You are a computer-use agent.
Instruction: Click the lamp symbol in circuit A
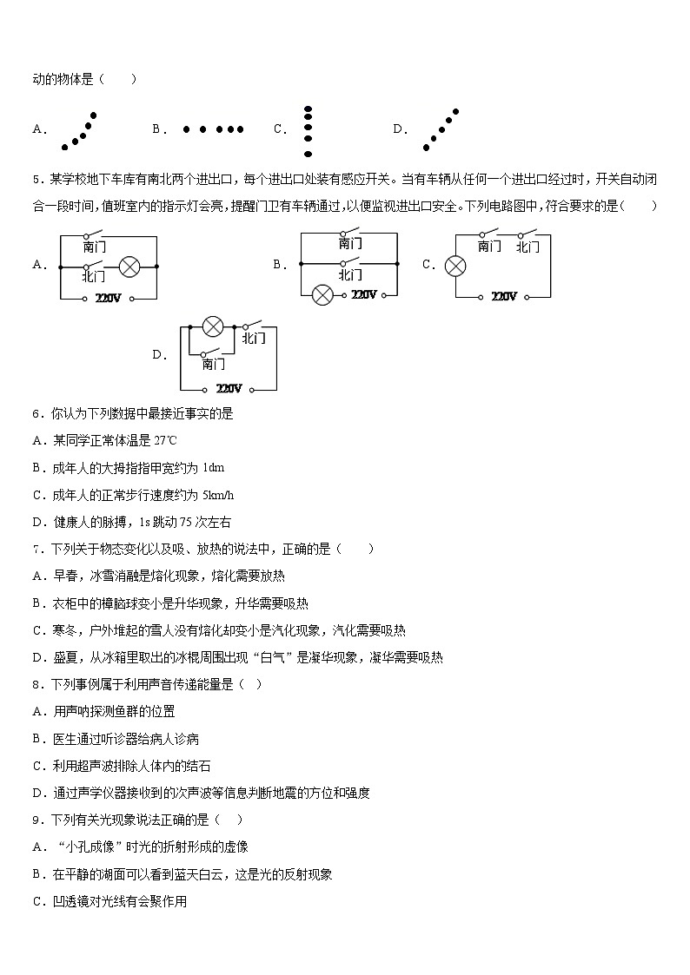point(129,267)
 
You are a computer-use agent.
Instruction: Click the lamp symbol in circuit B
point(322,294)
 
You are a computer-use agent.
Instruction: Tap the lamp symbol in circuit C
point(455,266)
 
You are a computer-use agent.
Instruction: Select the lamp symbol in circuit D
point(213,326)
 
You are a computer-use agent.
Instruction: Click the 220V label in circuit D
point(229,388)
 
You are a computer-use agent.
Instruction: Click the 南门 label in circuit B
point(350,244)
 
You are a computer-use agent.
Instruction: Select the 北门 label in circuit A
point(94,276)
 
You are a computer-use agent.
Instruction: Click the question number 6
point(36,414)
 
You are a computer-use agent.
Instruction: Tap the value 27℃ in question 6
point(165,441)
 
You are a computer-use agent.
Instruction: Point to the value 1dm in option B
point(213,468)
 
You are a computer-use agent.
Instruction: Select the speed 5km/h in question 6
point(217,495)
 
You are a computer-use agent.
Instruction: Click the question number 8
point(36,684)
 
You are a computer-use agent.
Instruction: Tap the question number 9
point(36,820)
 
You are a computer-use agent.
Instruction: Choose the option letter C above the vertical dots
point(280,129)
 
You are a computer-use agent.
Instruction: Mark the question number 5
point(36,180)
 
